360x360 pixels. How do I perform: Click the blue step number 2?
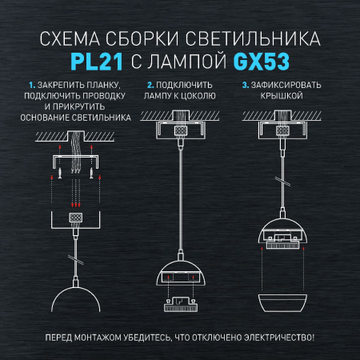click(150, 84)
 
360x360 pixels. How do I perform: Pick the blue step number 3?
click(244, 84)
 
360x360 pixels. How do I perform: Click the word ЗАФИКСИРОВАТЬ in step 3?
click(287, 84)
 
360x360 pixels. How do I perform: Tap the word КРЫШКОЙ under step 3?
click(280, 94)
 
